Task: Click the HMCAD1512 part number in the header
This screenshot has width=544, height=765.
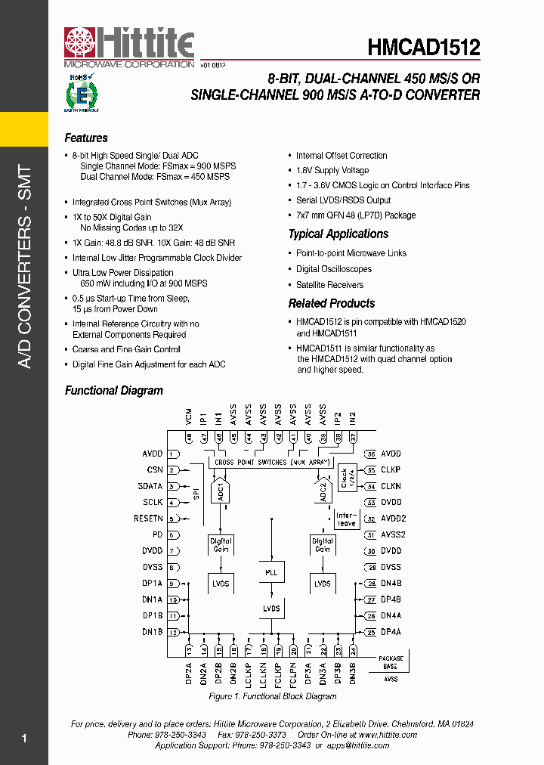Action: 424,48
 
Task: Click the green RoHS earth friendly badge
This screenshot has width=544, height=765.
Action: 80,93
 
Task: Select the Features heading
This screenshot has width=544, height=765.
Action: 86,138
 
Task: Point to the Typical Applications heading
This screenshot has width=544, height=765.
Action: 338,234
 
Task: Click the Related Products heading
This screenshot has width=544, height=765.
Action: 331,303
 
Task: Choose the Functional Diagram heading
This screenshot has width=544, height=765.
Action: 113,391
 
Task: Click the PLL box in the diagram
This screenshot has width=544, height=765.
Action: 271,572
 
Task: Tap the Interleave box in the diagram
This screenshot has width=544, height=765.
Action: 346,519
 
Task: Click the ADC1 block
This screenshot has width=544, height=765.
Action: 221,492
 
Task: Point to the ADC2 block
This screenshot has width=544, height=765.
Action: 322,492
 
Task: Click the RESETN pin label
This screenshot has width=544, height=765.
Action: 149,519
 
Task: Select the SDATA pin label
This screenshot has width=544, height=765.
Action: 150,486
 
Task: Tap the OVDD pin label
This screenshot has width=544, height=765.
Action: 391,503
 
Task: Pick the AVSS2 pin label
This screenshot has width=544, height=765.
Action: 393,535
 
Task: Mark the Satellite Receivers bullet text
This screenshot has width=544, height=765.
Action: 329,285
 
